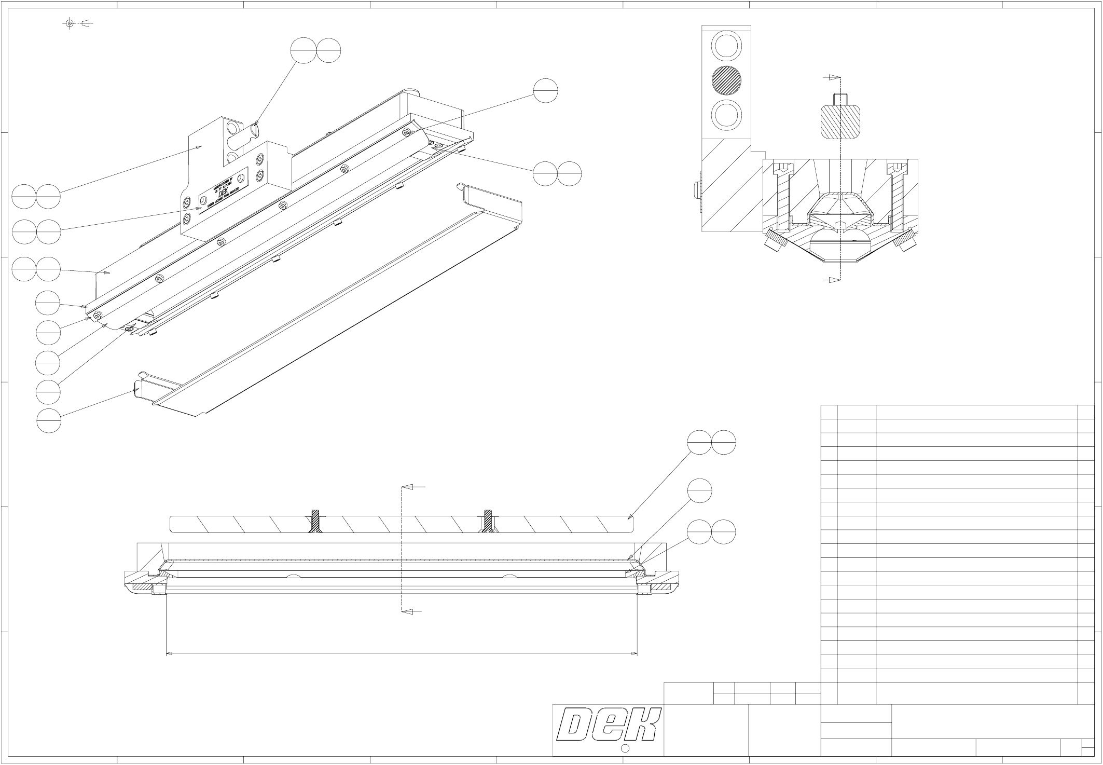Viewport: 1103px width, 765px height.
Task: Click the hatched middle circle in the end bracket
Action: click(726, 80)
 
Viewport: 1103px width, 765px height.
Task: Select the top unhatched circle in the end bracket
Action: click(726, 46)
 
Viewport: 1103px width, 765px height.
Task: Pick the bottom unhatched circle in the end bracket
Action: click(726, 115)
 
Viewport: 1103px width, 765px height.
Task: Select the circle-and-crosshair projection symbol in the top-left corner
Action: click(70, 23)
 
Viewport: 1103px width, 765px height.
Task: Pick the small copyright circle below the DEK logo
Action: click(625, 748)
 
